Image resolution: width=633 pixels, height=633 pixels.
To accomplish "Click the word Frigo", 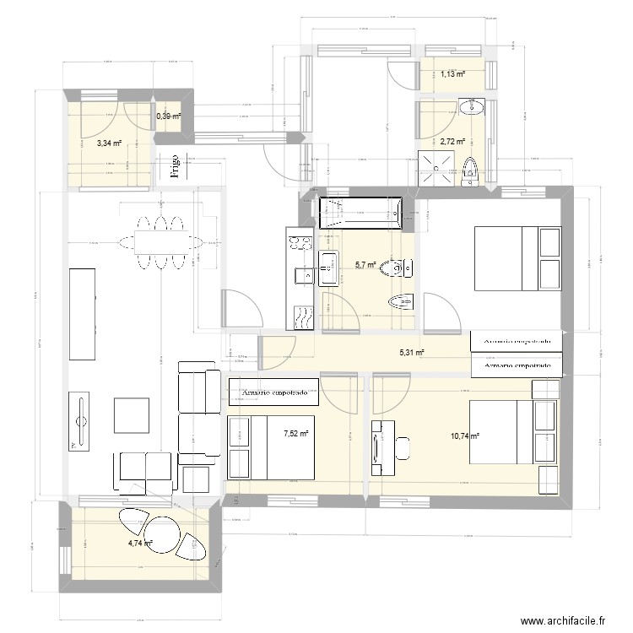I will click(x=175, y=166).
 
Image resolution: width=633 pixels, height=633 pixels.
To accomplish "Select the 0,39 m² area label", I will click(x=168, y=116).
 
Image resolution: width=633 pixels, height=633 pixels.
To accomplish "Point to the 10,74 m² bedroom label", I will click(x=465, y=436).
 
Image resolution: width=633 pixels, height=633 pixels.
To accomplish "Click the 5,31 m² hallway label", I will click(x=410, y=354).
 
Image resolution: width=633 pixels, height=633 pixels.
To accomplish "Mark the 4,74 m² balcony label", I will click(x=140, y=544).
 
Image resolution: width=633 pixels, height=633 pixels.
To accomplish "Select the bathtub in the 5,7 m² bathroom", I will click(x=360, y=212).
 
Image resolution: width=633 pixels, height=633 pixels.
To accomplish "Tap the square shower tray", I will click(x=437, y=168).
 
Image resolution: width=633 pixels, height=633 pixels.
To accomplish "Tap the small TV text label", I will click(x=73, y=445).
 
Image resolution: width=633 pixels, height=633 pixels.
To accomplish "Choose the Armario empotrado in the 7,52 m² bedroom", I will click(x=274, y=392).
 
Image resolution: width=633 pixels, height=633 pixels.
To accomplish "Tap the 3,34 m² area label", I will click(x=108, y=143).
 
